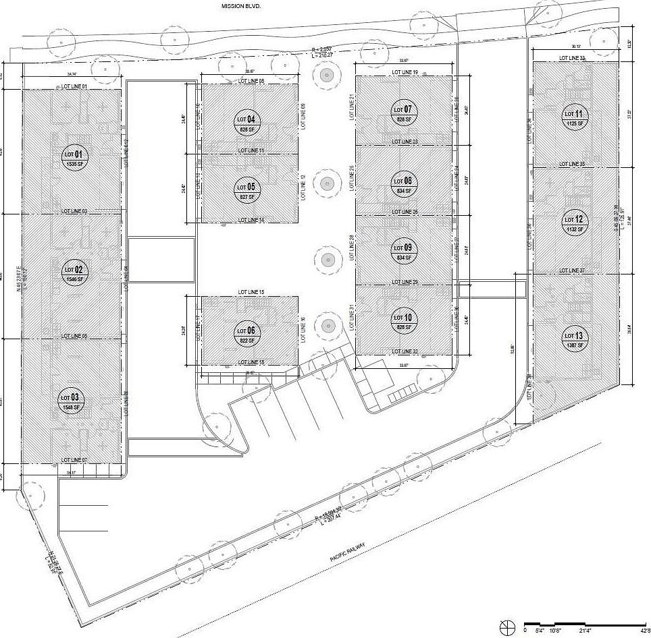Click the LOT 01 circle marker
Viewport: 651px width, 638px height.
pos(74,158)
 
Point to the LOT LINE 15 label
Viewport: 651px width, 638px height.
pos(251,292)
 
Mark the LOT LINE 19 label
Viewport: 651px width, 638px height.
pos(405,72)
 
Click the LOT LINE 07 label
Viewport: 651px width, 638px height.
pos(75,460)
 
